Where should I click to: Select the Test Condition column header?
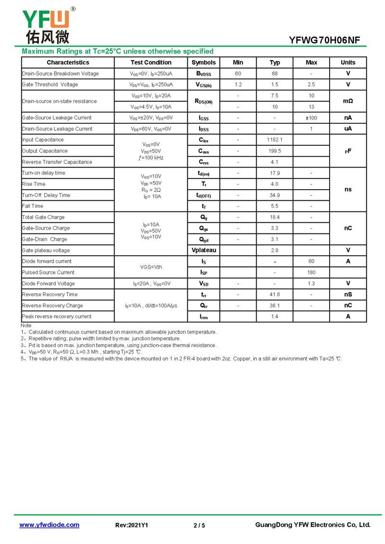151,63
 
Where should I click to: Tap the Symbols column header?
204,63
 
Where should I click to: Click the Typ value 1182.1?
274,140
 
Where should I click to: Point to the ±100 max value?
311,118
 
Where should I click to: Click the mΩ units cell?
347,101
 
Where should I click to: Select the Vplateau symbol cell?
204,250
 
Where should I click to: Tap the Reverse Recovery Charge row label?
53,306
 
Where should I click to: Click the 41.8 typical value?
274,295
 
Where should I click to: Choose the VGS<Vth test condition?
151,267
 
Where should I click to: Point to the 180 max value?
311,272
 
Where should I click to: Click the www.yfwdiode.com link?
49,525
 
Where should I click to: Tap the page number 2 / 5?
199,525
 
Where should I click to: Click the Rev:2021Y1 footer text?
132,525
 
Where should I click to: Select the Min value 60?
238,74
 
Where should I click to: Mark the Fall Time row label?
32,206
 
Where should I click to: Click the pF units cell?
347,151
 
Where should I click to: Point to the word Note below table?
26,326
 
